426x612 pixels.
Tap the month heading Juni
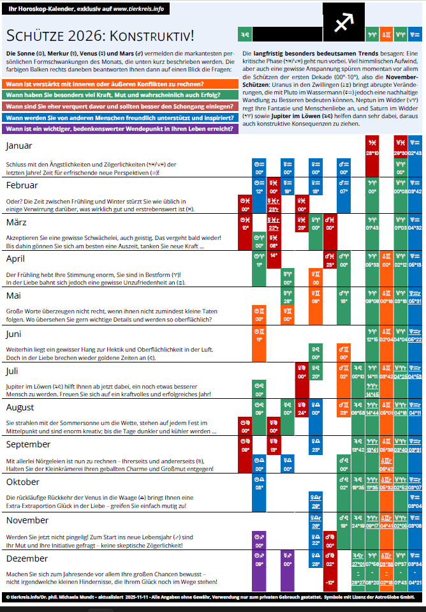(x=14, y=333)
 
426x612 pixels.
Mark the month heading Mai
(x=14, y=295)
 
